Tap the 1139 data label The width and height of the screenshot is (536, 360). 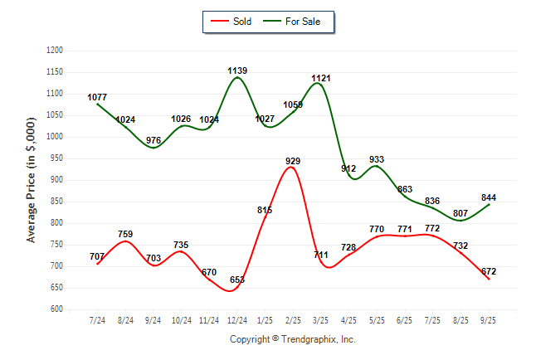point(237,71)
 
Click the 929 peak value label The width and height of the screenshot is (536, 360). point(292,161)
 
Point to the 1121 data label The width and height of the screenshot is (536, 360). point(321,79)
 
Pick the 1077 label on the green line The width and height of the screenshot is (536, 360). point(98,97)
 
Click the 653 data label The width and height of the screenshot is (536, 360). point(236,280)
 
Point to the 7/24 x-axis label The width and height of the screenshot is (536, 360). point(98,319)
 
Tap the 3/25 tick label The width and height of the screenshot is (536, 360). point(320,319)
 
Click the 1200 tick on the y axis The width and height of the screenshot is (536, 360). point(56,51)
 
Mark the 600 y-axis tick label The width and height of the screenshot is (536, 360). point(57,309)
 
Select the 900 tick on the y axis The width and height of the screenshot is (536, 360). point(57,180)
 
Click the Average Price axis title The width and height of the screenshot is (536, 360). point(32,180)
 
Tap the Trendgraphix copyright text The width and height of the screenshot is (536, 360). point(292,339)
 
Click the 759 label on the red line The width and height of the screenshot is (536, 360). point(125,234)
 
